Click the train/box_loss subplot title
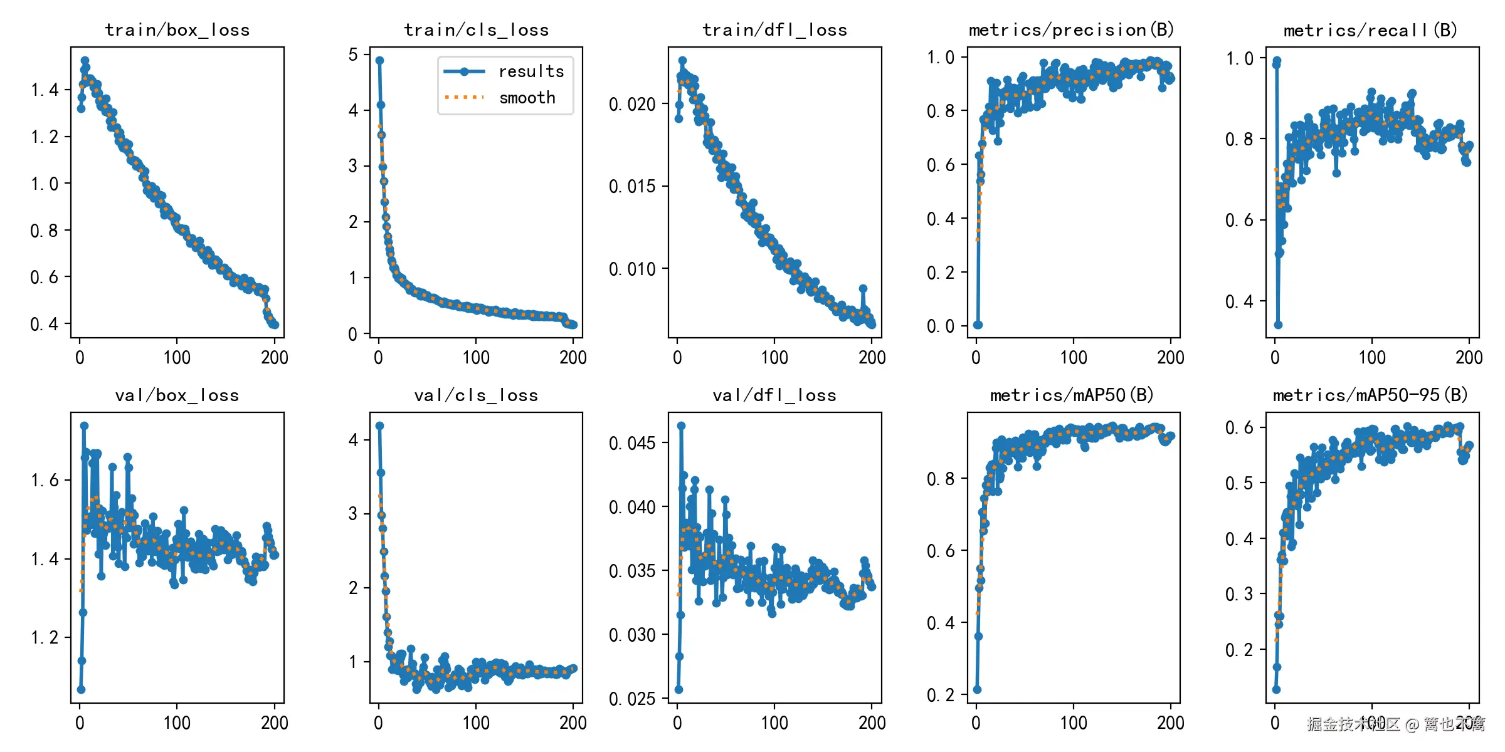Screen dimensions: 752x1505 (x=177, y=30)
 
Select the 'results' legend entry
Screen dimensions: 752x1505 (x=531, y=71)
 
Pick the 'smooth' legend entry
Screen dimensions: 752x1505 (x=527, y=98)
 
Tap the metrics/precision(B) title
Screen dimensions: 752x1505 (x=1072, y=30)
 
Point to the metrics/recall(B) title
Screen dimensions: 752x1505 (x=1371, y=30)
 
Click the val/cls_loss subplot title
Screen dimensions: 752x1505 (x=476, y=395)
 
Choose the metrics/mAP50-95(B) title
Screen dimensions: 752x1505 (x=1371, y=395)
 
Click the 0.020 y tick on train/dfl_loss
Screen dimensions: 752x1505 (x=632, y=104)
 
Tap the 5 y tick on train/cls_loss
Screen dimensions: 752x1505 (x=354, y=55)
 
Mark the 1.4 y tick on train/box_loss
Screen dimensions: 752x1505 (x=45, y=90)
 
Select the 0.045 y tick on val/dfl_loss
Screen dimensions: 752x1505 (x=632, y=443)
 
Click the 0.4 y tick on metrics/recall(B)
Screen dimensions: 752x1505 (x=1239, y=301)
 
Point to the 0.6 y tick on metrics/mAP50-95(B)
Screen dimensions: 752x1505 (x=1239, y=427)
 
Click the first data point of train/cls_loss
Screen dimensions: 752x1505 (x=379, y=61)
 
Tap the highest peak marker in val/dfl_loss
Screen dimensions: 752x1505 (x=681, y=426)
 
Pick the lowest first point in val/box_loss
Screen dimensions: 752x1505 (x=81, y=689)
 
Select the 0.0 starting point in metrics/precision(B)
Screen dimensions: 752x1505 (x=978, y=325)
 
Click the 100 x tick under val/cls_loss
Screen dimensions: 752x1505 (x=476, y=723)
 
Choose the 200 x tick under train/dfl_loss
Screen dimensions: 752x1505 (x=872, y=358)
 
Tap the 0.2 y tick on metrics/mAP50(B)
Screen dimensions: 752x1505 (x=941, y=695)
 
